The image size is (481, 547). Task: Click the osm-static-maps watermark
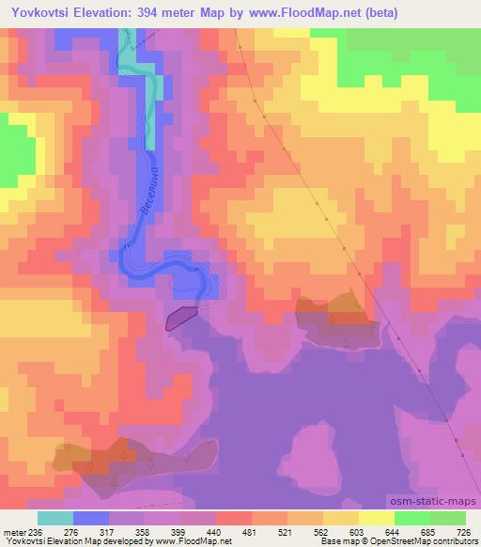pos(434,504)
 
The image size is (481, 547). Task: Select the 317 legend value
pos(110,531)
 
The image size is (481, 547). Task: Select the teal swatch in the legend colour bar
pos(55,518)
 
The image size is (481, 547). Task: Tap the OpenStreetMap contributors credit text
pos(426,541)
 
